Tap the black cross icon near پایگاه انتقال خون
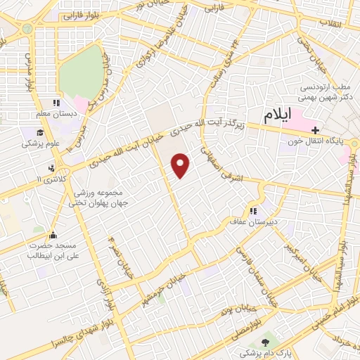coord(316,130)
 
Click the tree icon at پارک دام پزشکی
coord(264,342)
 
